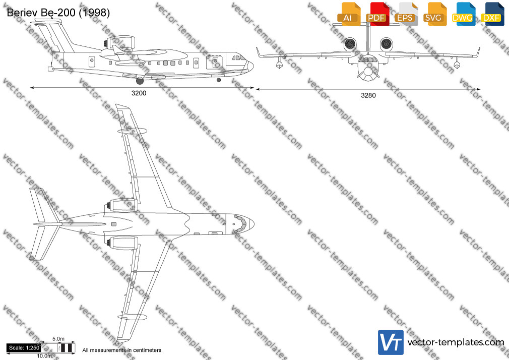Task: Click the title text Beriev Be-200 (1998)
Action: [58, 13]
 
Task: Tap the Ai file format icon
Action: [349, 14]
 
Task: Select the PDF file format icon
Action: [377, 14]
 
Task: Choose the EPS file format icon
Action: [406, 14]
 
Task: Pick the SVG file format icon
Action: [434, 14]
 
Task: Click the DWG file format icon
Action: [463, 14]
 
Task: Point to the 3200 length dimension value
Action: [139, 93]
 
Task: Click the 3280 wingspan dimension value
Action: [368, 95]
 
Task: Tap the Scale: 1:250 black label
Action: [24, 348]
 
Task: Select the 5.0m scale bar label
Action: [58, 339]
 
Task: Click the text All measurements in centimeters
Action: [122, 350]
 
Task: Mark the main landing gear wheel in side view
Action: [140, 81]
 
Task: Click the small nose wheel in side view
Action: [219, 80]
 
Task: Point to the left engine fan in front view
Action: [350, 44]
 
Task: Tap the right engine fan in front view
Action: [386, 44]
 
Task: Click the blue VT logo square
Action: [391, 342]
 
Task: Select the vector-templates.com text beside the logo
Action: [456, 342]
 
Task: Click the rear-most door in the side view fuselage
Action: [92, 62]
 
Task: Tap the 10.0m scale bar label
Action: [44, 356]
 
